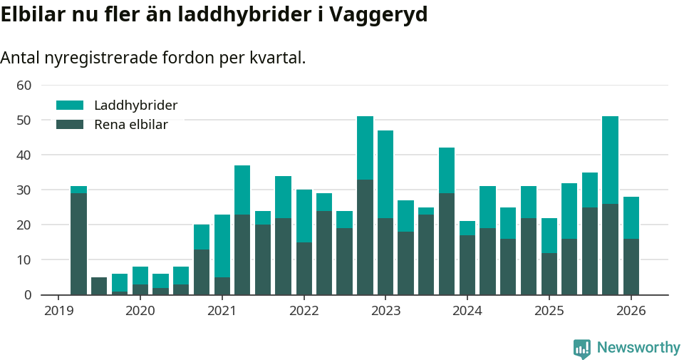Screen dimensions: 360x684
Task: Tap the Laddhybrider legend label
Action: (x=135, y=106)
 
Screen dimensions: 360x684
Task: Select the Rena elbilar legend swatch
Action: (x=70, y=125)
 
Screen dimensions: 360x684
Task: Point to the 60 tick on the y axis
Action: (x=24, y=86)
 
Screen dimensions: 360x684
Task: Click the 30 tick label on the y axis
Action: (x=24, y=190)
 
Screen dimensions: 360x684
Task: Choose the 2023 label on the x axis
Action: (x=385, y=311)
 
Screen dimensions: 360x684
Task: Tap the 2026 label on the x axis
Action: (x=631, y=311)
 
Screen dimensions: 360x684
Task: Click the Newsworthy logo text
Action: (x=638, y=348)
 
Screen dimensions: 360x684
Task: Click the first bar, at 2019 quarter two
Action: (x=78, y=242)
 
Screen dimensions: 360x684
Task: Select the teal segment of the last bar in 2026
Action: (x=631, y=217)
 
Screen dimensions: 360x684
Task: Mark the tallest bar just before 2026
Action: (x=611, y=207)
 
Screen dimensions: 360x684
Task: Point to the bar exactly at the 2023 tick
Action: (x=385, y=214)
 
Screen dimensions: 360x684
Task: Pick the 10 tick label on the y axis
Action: (x=24, y=260)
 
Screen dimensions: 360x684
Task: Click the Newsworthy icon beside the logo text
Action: (x=582, y=349)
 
